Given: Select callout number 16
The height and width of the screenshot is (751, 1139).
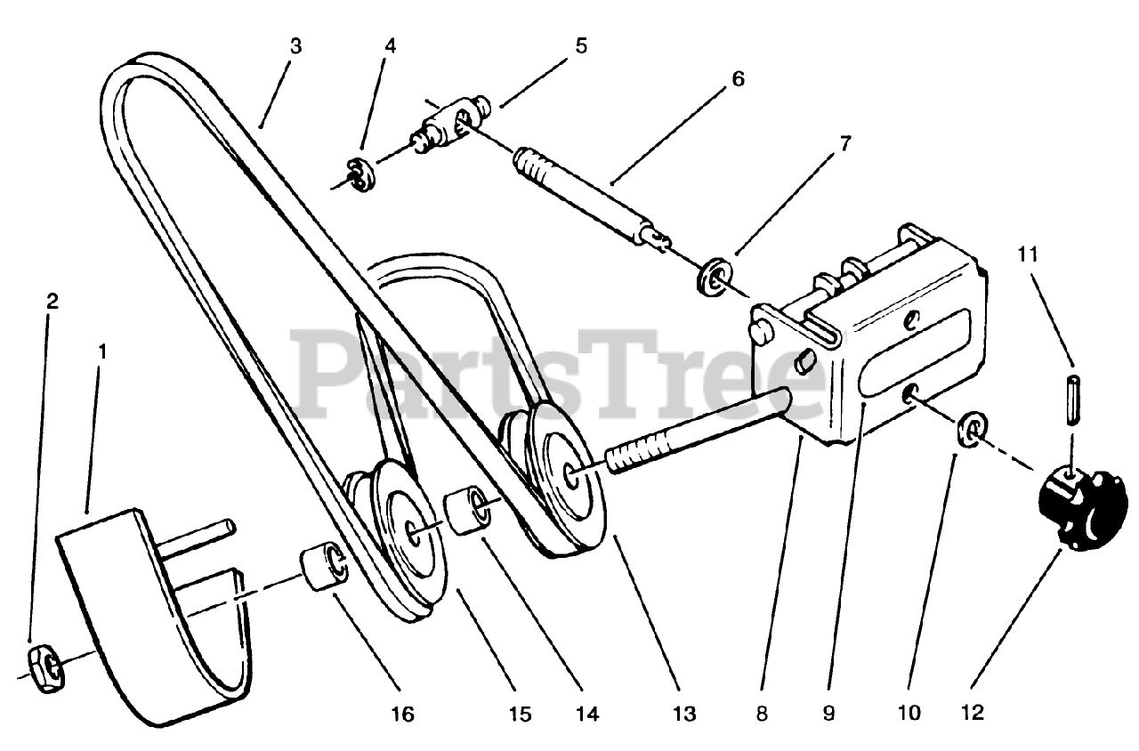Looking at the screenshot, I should click(x=401, y=714).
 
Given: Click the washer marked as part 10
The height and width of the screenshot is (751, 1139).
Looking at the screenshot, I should click(x=972, y=430).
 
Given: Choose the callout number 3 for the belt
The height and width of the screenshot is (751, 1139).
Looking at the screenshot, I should click(x=295, y=45).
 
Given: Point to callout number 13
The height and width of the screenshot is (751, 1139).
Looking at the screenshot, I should click(x=684, y=714).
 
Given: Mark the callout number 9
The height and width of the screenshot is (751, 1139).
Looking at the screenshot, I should click(x=828, y=714).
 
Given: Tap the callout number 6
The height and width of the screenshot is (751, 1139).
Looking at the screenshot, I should click(x=738, y=78).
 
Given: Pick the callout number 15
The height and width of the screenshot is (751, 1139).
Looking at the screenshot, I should click(x=520, y=714).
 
